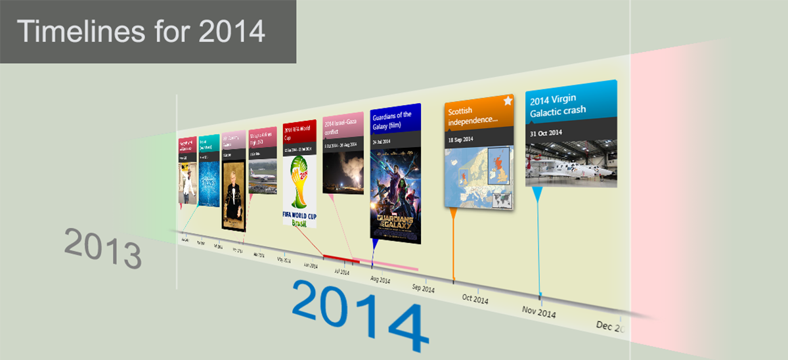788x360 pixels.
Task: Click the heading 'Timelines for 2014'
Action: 141,32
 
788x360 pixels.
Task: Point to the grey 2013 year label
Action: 103,248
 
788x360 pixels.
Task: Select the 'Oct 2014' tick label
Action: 475,300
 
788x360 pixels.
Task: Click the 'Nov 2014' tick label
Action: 538,312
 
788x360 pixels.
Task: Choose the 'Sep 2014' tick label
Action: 423,288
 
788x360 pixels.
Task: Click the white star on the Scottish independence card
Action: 508,101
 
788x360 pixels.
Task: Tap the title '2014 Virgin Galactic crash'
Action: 558,105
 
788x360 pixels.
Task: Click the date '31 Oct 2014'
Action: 546,133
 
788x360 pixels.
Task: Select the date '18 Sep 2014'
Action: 461,140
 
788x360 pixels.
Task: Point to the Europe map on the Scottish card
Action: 479,177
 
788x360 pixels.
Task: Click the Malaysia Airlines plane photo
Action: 263,175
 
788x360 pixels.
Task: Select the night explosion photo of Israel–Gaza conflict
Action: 343,171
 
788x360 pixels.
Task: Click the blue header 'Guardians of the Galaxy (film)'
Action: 395,119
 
